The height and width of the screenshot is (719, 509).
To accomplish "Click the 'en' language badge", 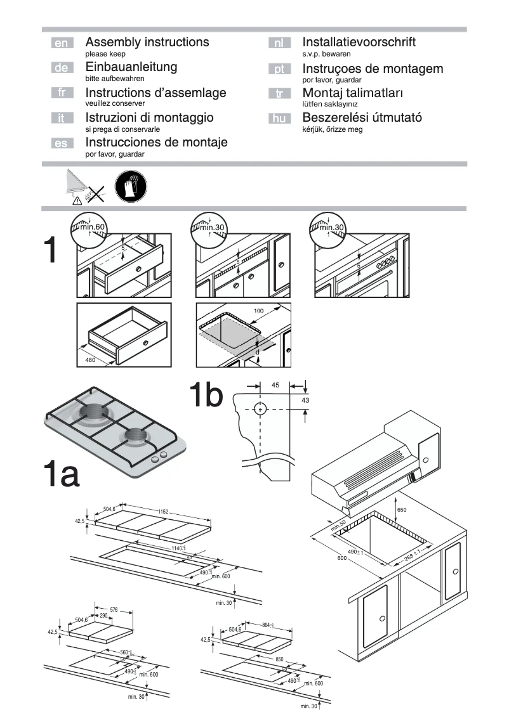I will [62, 43].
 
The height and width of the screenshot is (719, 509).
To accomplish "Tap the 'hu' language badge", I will [279, 118].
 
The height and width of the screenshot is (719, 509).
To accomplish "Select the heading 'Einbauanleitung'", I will [131, 67].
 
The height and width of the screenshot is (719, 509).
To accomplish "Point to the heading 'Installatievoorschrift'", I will [359, 42].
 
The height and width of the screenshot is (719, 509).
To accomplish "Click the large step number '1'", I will [53, 251].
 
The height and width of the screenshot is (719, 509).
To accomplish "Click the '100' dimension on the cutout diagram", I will [258, 311].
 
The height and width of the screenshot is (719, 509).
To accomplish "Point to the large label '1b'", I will [206, 396].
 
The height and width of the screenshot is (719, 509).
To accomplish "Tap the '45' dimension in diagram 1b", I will [275, 385].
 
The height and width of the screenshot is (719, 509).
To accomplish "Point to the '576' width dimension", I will [114, 610].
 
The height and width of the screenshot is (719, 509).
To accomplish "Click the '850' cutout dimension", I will [279, 659].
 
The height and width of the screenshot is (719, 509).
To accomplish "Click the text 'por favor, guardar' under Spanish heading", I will [115, 154].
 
